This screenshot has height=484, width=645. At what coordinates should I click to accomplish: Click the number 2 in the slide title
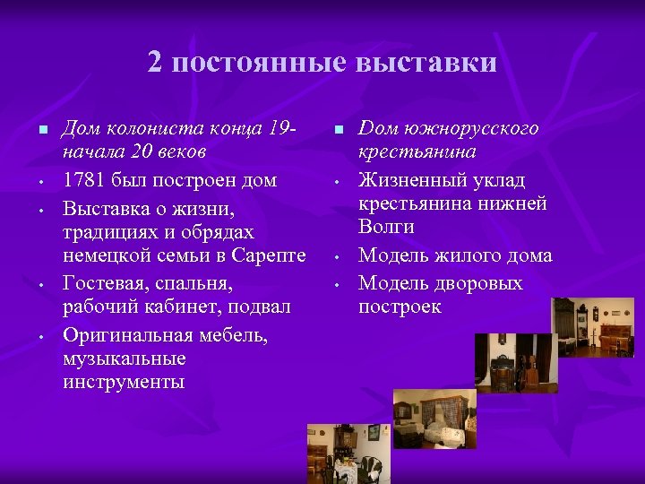point(157,62)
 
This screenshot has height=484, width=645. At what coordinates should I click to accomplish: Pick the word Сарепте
point(268,256)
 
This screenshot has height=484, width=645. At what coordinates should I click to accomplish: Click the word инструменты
point(124,384)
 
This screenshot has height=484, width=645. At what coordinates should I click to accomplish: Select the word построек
point(400,307)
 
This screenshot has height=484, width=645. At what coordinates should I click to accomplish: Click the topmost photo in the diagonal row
point(592,327)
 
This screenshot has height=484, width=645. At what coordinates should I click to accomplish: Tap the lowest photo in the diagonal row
point(349,454)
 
